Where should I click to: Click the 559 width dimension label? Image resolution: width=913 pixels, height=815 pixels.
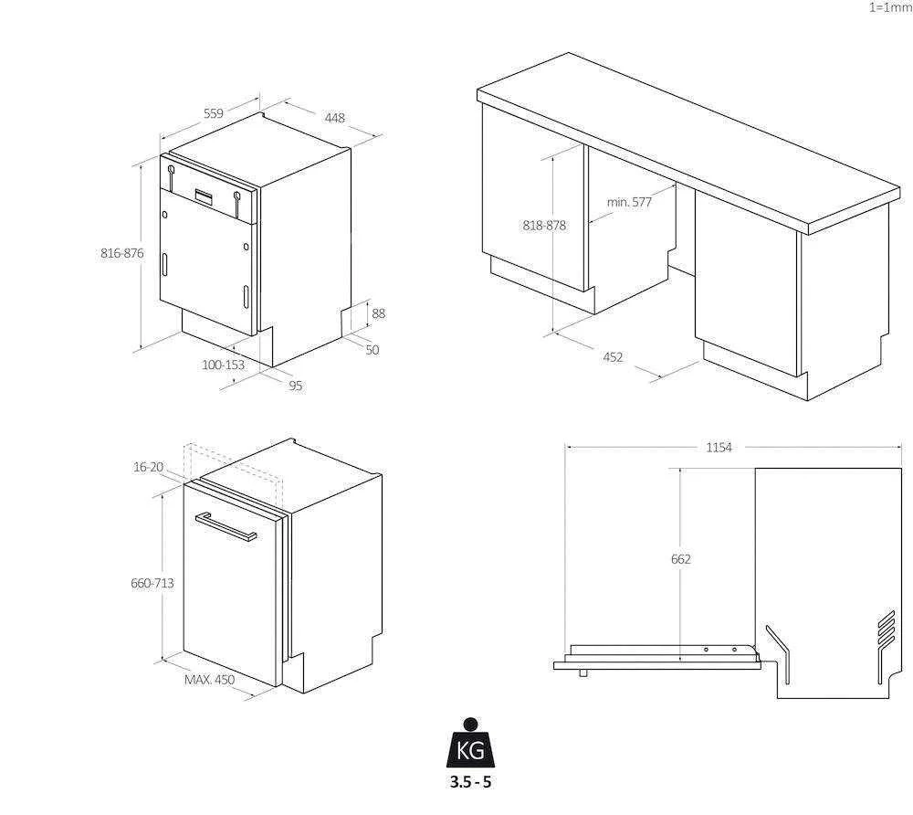click(214, 113)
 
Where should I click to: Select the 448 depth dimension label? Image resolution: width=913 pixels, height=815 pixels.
click(335, 118)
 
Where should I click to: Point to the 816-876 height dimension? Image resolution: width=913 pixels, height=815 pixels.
click(122, 253)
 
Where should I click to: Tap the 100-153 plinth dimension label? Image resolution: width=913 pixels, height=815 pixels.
click(223, 365)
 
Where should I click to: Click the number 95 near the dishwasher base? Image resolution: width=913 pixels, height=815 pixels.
click(296, 386)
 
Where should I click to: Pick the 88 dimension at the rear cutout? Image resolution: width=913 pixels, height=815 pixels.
click(379, 313)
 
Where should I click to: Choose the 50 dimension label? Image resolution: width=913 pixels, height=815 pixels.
click(373, 350)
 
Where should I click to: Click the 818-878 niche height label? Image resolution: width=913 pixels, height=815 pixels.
click(544, 226)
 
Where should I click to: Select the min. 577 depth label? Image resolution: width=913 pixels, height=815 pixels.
click(629, 202)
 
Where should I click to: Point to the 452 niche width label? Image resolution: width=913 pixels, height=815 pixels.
click(613, 357)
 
